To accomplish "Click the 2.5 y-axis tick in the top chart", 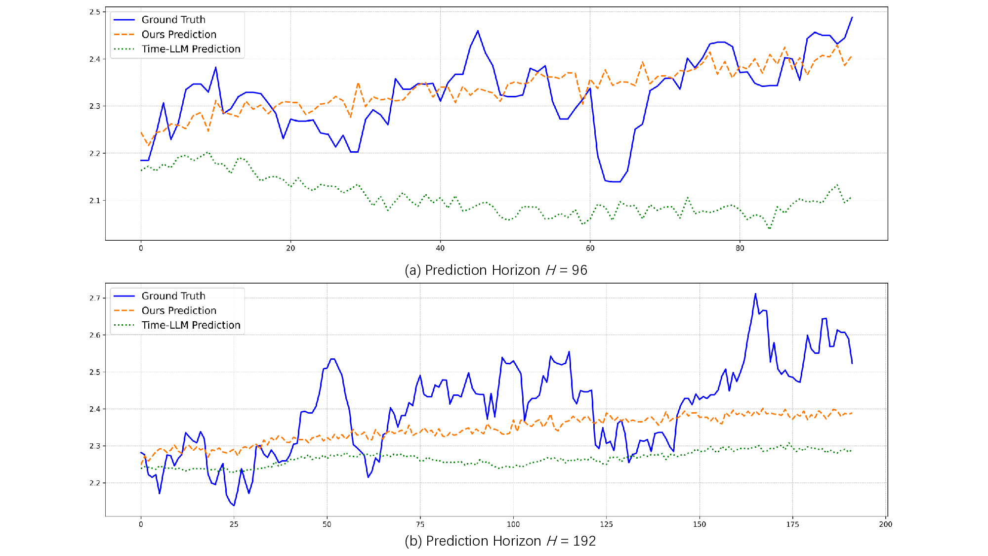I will point(94,12).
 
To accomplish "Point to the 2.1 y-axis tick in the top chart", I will point(94,201).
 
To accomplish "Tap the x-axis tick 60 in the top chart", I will point(590,248).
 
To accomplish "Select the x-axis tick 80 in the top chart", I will point(740,248).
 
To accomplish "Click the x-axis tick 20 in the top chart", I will point(290,248).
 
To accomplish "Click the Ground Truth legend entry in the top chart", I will point(173,20).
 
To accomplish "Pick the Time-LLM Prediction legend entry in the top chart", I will point(191,49).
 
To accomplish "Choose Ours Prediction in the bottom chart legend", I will point(179,310).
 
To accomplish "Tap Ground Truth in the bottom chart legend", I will point(173,296).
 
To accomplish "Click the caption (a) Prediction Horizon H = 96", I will point(495,270).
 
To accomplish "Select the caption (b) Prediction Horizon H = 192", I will point(500,541).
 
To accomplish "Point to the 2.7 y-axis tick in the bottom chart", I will point(94,298).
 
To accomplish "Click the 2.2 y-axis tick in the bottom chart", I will point(94,483).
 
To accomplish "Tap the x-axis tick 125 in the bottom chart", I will point(606,524).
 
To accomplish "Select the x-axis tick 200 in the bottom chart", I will point(885,524).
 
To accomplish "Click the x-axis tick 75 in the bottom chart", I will point(420,524).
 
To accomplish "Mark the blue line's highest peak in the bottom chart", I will point(755,294).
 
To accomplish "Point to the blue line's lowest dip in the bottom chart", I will point(234,505).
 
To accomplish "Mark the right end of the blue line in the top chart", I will point(852,17).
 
